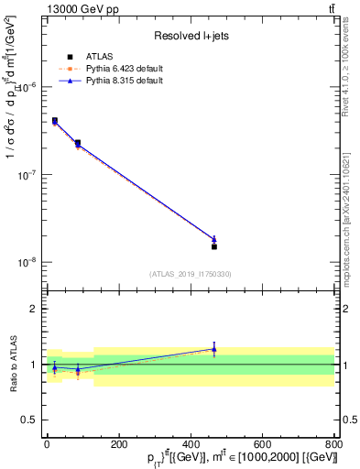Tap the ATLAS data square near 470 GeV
coord(213,246)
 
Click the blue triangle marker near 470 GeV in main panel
coord(213,239)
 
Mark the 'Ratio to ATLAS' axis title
coord(11,364)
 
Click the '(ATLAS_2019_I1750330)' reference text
coord(191,274)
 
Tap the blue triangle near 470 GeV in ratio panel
coord(213,349)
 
